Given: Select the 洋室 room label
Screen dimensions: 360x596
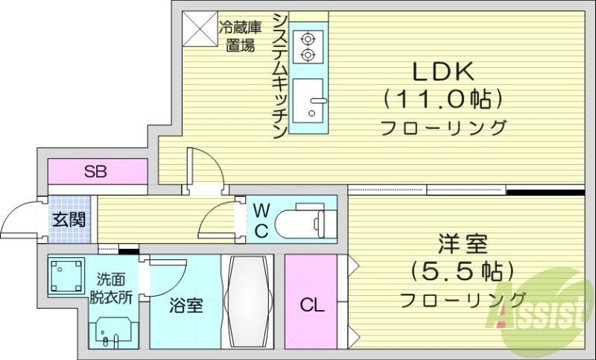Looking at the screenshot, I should click(x=462, y=244).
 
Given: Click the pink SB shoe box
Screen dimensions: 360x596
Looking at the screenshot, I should click(x=97, y=172).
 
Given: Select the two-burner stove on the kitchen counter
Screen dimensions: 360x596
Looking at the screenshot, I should click(x=306, y=45).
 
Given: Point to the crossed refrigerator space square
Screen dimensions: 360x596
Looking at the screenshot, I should click(x=199, y=28).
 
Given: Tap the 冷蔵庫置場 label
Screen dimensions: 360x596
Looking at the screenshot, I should click(x=241, y=36).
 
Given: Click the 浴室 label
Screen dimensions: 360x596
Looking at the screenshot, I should click(x=185, y=306).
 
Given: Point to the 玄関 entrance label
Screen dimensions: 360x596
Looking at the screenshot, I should click(x=69, y=220).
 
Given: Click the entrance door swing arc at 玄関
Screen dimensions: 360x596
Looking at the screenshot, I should click(x=21, y=218).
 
